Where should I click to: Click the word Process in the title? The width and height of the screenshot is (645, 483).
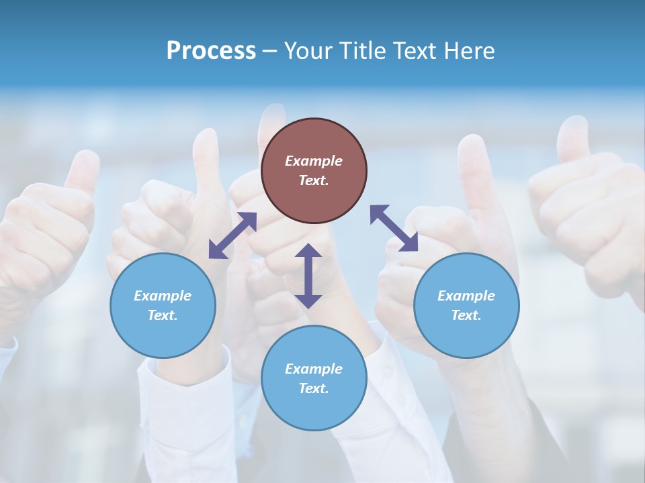[x=211, y=51]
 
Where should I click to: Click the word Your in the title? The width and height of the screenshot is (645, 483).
[x=308, y=51]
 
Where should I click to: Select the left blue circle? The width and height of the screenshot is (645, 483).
[x=163, y=329]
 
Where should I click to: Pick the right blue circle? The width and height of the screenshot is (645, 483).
[x=466, y=329]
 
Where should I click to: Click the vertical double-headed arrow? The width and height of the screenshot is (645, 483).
[x=308, y=276]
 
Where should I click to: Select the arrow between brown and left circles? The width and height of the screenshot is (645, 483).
[x=232, y=235]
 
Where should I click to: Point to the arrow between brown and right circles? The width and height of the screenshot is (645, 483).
[x=394, y=228]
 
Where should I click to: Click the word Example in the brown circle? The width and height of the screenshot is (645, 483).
[x=314, y=161]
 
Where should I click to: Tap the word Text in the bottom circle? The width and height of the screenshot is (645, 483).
[x=314, y=388]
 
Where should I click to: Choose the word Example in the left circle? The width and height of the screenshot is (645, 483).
[x=163, y=296]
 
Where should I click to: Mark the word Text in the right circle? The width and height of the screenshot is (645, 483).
[x=466, y=315]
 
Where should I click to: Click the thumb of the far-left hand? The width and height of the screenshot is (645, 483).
[x=84, y=171]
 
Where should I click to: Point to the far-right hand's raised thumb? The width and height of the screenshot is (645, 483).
[x=573, y=138]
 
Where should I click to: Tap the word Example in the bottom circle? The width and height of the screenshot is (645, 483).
[x=314, y=369]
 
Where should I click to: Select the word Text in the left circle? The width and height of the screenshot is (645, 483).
[x=163, y=315]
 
